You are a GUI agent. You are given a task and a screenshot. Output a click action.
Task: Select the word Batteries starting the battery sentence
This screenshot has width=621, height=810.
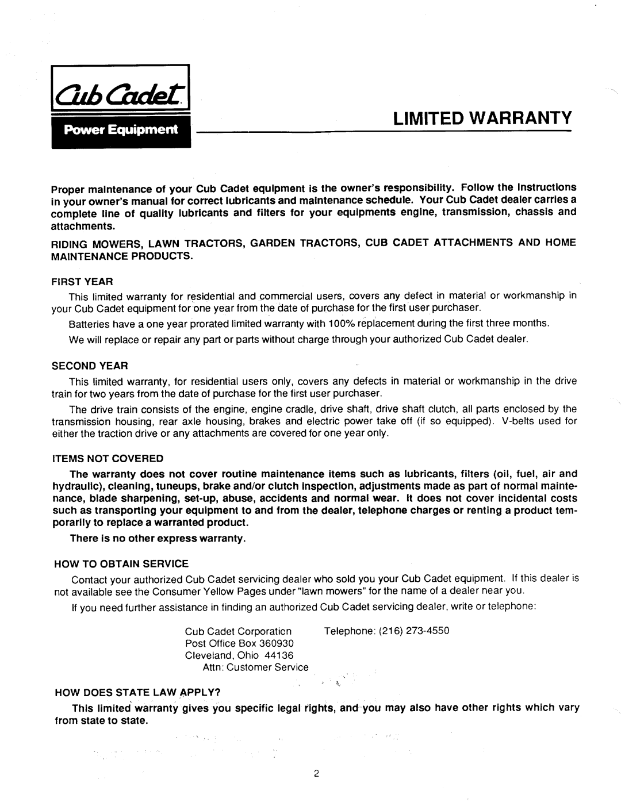tap(86, 324)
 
